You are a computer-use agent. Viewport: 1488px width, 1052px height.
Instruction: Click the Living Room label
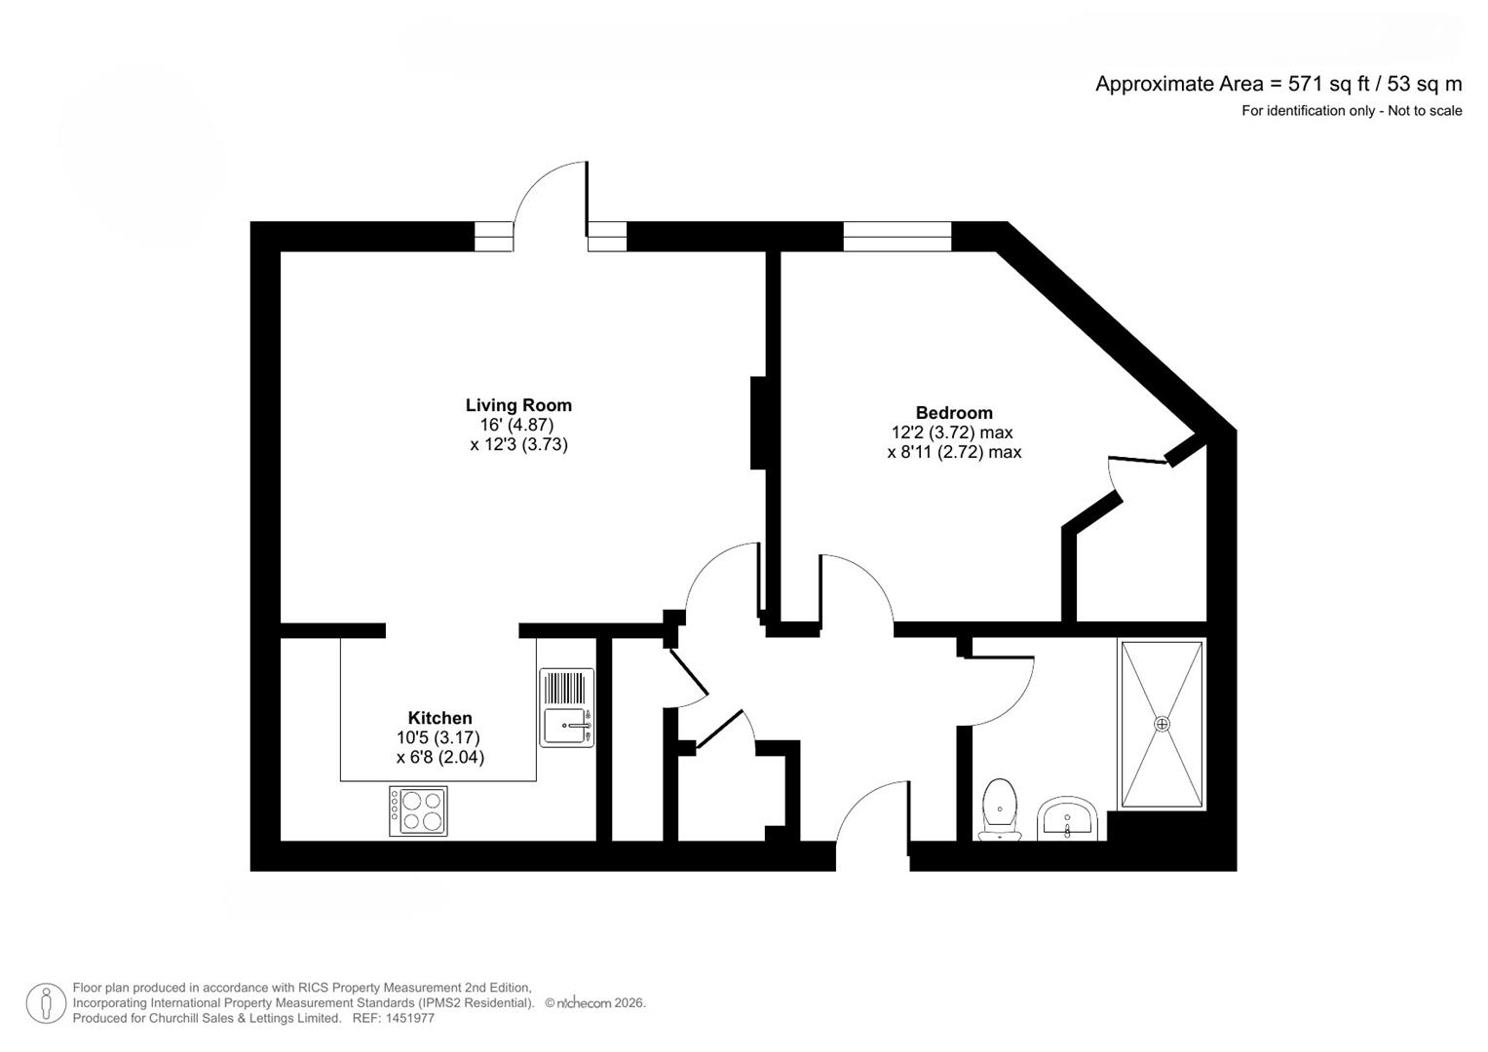517,405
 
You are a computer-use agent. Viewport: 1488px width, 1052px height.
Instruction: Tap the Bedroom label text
953,413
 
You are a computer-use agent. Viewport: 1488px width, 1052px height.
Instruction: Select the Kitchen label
439,718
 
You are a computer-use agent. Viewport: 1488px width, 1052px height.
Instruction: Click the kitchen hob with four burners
419,810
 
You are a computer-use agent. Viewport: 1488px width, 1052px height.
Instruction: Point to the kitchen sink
567,726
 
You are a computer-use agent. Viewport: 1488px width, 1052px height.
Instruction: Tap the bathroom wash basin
1068,819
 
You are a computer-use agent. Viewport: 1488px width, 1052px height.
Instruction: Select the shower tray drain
1161,724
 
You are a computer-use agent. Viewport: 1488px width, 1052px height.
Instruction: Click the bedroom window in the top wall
897,237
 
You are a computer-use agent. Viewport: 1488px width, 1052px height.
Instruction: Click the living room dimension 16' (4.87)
516,425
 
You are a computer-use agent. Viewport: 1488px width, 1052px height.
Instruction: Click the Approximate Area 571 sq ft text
1278,84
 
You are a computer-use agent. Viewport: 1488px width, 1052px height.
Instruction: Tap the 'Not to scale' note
1425,111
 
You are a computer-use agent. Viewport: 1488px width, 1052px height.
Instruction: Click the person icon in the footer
46,1003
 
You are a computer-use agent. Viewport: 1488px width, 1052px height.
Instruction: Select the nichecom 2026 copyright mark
595,1003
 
